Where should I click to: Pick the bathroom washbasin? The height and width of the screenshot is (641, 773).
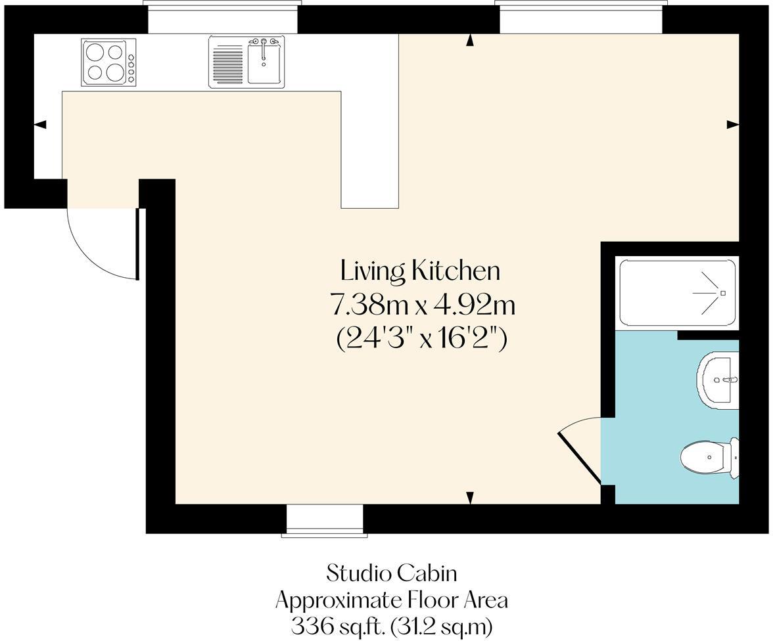pyautogui.click(x=720, y=379)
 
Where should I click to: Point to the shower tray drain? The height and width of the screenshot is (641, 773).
pyautogui.click(x=722, y=292)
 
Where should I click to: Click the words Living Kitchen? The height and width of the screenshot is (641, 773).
pyautogui.click(x=421, y=271)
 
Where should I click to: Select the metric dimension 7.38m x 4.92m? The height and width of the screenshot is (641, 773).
pyautogui.click(x=422, y=305)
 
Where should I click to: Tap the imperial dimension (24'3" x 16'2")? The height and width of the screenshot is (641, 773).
pyautogui.click(x=422, y=339)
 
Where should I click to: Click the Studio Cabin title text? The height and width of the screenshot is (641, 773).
pyautogui.click(x=392, y=573)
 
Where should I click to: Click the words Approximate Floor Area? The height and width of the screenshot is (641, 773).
pyautogui.click(x=392, y=600)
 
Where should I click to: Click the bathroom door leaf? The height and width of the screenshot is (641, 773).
pyautogui.click(x=578, y=458)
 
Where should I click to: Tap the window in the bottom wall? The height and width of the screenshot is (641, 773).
pyautogui.click(x=325, y=520)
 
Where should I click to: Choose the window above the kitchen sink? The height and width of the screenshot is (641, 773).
pyautogui.click(x=223, y=18)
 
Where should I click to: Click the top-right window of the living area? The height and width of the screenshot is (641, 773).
pyautogui.click(x=580, y=18)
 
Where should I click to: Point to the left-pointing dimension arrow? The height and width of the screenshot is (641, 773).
pyautogui.click(x=40, y=125)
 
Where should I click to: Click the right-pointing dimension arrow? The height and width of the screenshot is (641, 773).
pyautogui.click(x=732, y=124)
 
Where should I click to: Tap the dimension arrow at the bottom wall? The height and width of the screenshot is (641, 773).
pyautogui.click(x=470, y=498)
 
